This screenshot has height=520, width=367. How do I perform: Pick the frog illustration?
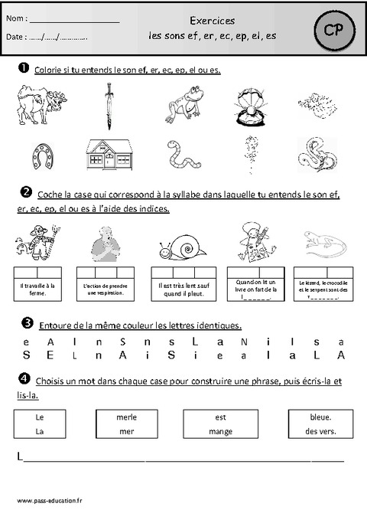(x=180, y=106)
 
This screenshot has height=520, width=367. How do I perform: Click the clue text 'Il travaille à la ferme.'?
(x=39, y=288)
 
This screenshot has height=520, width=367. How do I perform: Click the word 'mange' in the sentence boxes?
(x=219, y=431)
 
